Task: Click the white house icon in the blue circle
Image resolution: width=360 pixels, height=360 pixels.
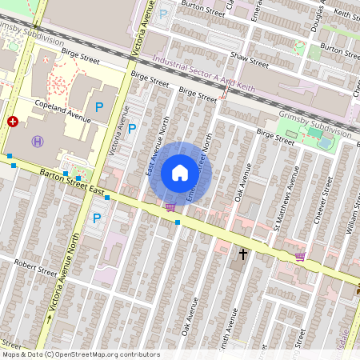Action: (x=180, y=173)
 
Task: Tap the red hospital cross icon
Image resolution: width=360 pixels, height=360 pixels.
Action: (x=13, y=122)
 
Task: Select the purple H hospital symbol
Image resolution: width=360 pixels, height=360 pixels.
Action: (x=37, y=141)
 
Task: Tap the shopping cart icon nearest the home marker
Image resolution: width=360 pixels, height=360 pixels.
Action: (x=170, y=207)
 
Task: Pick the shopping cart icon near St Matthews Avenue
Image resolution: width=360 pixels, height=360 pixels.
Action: (x=300, y=257)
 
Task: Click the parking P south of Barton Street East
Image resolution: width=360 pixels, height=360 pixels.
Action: (x=98, y=218)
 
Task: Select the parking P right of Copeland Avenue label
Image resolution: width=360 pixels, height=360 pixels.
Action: (x=100, y=106)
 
